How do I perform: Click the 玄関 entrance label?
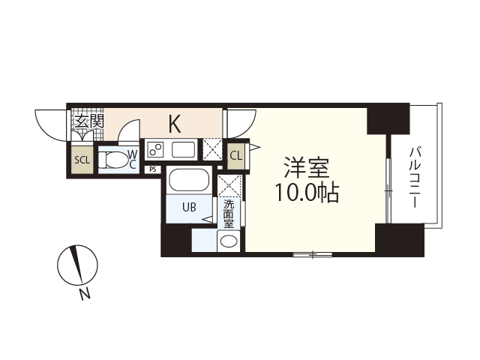pyautogui.click(x=88, y=121)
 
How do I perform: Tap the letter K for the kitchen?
pyautogui.click(x=174, y=122)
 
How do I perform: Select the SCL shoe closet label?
pyautogui.click(x=81, y=160)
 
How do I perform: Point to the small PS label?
pyautogui.click(x=153, y=169)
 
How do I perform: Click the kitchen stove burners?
pyautogui.click(x=156, y=148)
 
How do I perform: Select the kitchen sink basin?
pyautogui.click(x=183, y=148)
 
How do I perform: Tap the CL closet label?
pyautogui.click(x=235, y=155)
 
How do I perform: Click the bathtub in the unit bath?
pyautogui.click(x=189, y=180)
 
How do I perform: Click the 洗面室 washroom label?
pyautogui.click(x=228, y=213)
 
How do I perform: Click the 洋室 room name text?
pyautogui.click(x=306, y=166)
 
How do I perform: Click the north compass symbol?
pyautogui.click(x=77, y=264)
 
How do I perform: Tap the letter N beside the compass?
pyautogui.click(x=85, y=294)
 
